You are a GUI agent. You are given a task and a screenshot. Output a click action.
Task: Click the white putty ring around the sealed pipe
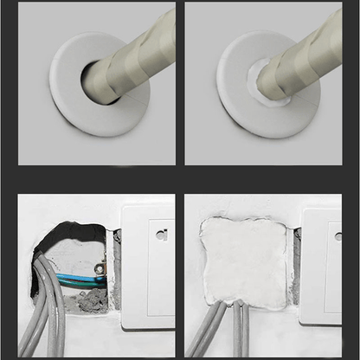click(x=257, y=83)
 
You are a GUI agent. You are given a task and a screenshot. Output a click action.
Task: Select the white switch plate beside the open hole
click(x=147, y=268)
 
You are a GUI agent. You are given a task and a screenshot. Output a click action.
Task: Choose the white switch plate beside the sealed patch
click(x=322, y=268)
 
